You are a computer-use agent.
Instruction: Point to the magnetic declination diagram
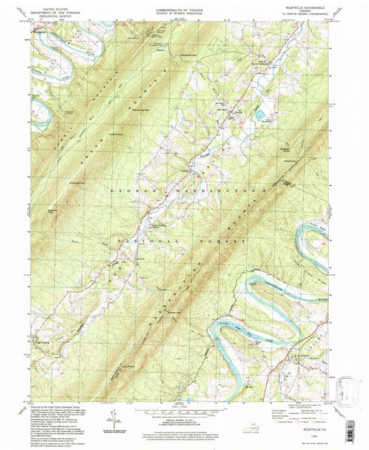(x=111, y=416)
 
